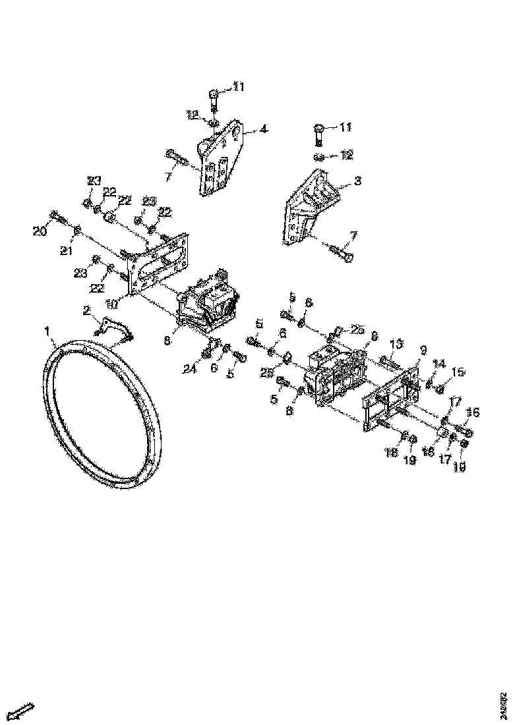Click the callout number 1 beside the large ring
[x=47, y=328]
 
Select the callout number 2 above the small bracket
[x=86, y=310]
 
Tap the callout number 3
[x=357, y=181]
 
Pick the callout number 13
[x=396, y=343]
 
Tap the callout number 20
[x=39, y=230]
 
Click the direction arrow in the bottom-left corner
[x=22, y=710]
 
